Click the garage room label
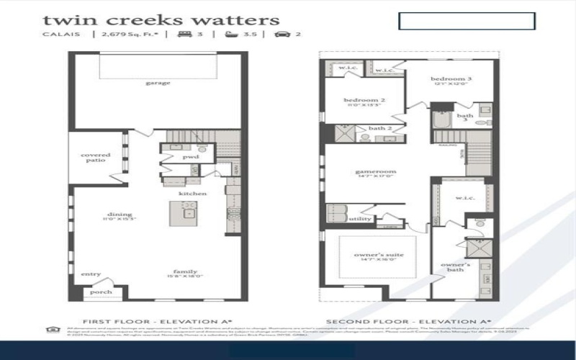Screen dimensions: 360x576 [158, 83]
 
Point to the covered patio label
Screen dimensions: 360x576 [95, 157]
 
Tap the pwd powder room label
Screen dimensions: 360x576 [190, 156]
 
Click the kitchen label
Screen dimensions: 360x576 [193, 194]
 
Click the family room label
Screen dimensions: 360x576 [181, 271]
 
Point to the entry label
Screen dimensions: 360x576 [91, 274]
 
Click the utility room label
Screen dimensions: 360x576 [359, 219]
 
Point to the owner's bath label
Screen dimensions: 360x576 [455, 267]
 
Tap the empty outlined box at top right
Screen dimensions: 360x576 [467, 21]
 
